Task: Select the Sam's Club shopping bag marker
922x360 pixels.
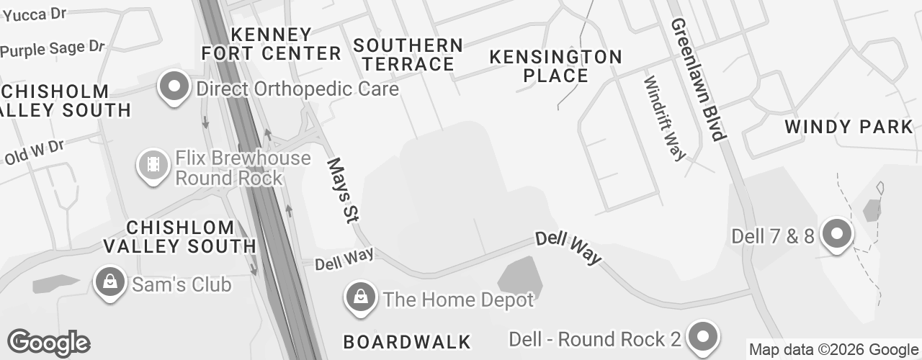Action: pos(109,283)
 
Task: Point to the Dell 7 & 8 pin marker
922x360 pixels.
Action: pos(837,234)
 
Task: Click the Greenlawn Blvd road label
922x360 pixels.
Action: pos(696,79)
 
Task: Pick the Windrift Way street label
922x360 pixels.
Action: pos(664,117)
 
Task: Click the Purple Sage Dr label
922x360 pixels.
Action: pos(53,49)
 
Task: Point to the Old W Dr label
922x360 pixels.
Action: pos(34,152)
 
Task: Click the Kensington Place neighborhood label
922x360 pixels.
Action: pos(555,66)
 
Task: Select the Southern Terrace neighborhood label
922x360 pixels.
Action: pos(408,54)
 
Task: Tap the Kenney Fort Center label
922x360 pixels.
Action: pos(272,44)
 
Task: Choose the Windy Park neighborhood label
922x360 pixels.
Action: pos(849,127)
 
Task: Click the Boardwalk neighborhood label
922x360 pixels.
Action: pos(407,341)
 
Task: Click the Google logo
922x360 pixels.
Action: pos(48,343)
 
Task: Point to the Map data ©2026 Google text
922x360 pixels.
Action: pos(833,350)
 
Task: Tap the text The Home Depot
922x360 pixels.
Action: pos(459,300)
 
